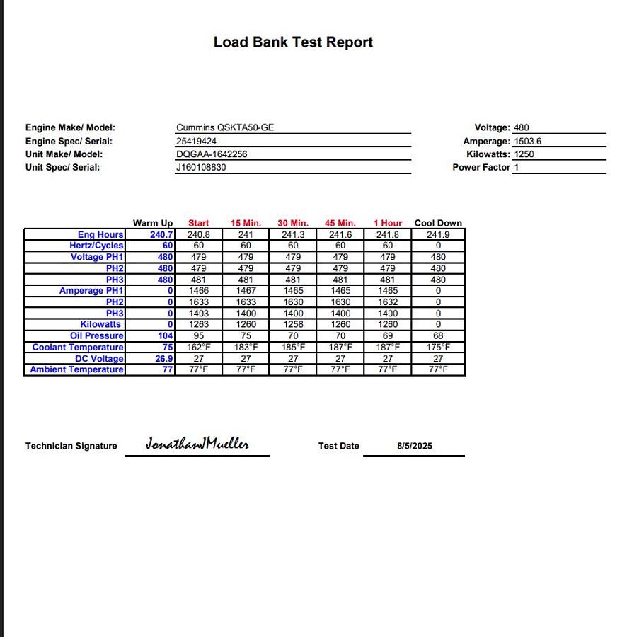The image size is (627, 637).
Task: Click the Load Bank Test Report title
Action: pos(293,42)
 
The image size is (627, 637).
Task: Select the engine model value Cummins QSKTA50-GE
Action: pos(225,128)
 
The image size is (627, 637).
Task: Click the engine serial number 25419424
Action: pos(197,142)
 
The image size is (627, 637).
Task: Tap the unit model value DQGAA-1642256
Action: pos(212,154)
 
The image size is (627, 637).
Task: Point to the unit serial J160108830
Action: pos(202,168)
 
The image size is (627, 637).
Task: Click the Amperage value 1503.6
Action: pos(528,142)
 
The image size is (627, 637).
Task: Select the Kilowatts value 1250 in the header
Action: pos(524,154)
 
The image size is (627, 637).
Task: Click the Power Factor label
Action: pos(481,168)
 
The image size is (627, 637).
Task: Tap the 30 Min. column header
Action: pos(293,223)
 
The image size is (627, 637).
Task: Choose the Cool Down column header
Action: pos(438,223)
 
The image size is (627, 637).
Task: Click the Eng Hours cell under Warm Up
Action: pos(162,234)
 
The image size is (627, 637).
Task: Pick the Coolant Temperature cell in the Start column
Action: pos(199,348)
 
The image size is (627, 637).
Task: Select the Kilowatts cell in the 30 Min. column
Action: pos(293,325)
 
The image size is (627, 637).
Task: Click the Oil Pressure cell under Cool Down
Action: pos(438,336)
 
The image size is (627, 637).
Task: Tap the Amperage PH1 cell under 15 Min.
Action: pos(246,291)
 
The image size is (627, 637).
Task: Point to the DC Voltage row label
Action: pos(99,359)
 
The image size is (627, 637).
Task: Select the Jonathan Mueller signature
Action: pos(197,444)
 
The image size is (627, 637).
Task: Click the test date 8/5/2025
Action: pos(415,446)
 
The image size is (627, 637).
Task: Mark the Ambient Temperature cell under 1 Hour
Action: pos(388,369)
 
